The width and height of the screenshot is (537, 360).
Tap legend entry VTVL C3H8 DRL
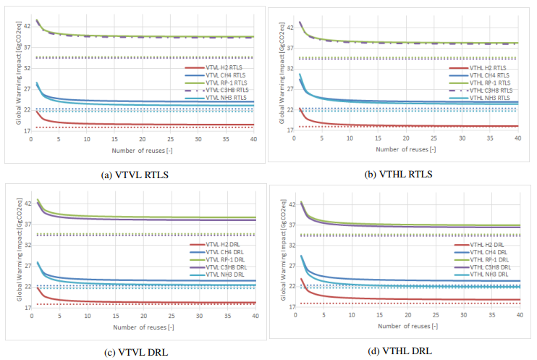[x=226, y=267]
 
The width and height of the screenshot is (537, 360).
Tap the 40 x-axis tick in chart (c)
[x=256, y=317]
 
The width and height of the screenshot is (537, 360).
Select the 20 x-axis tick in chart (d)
[x=407, y=317]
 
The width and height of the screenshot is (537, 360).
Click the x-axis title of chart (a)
[x=142, y=150]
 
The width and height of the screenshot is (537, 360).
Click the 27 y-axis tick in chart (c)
[x=27, y=266]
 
